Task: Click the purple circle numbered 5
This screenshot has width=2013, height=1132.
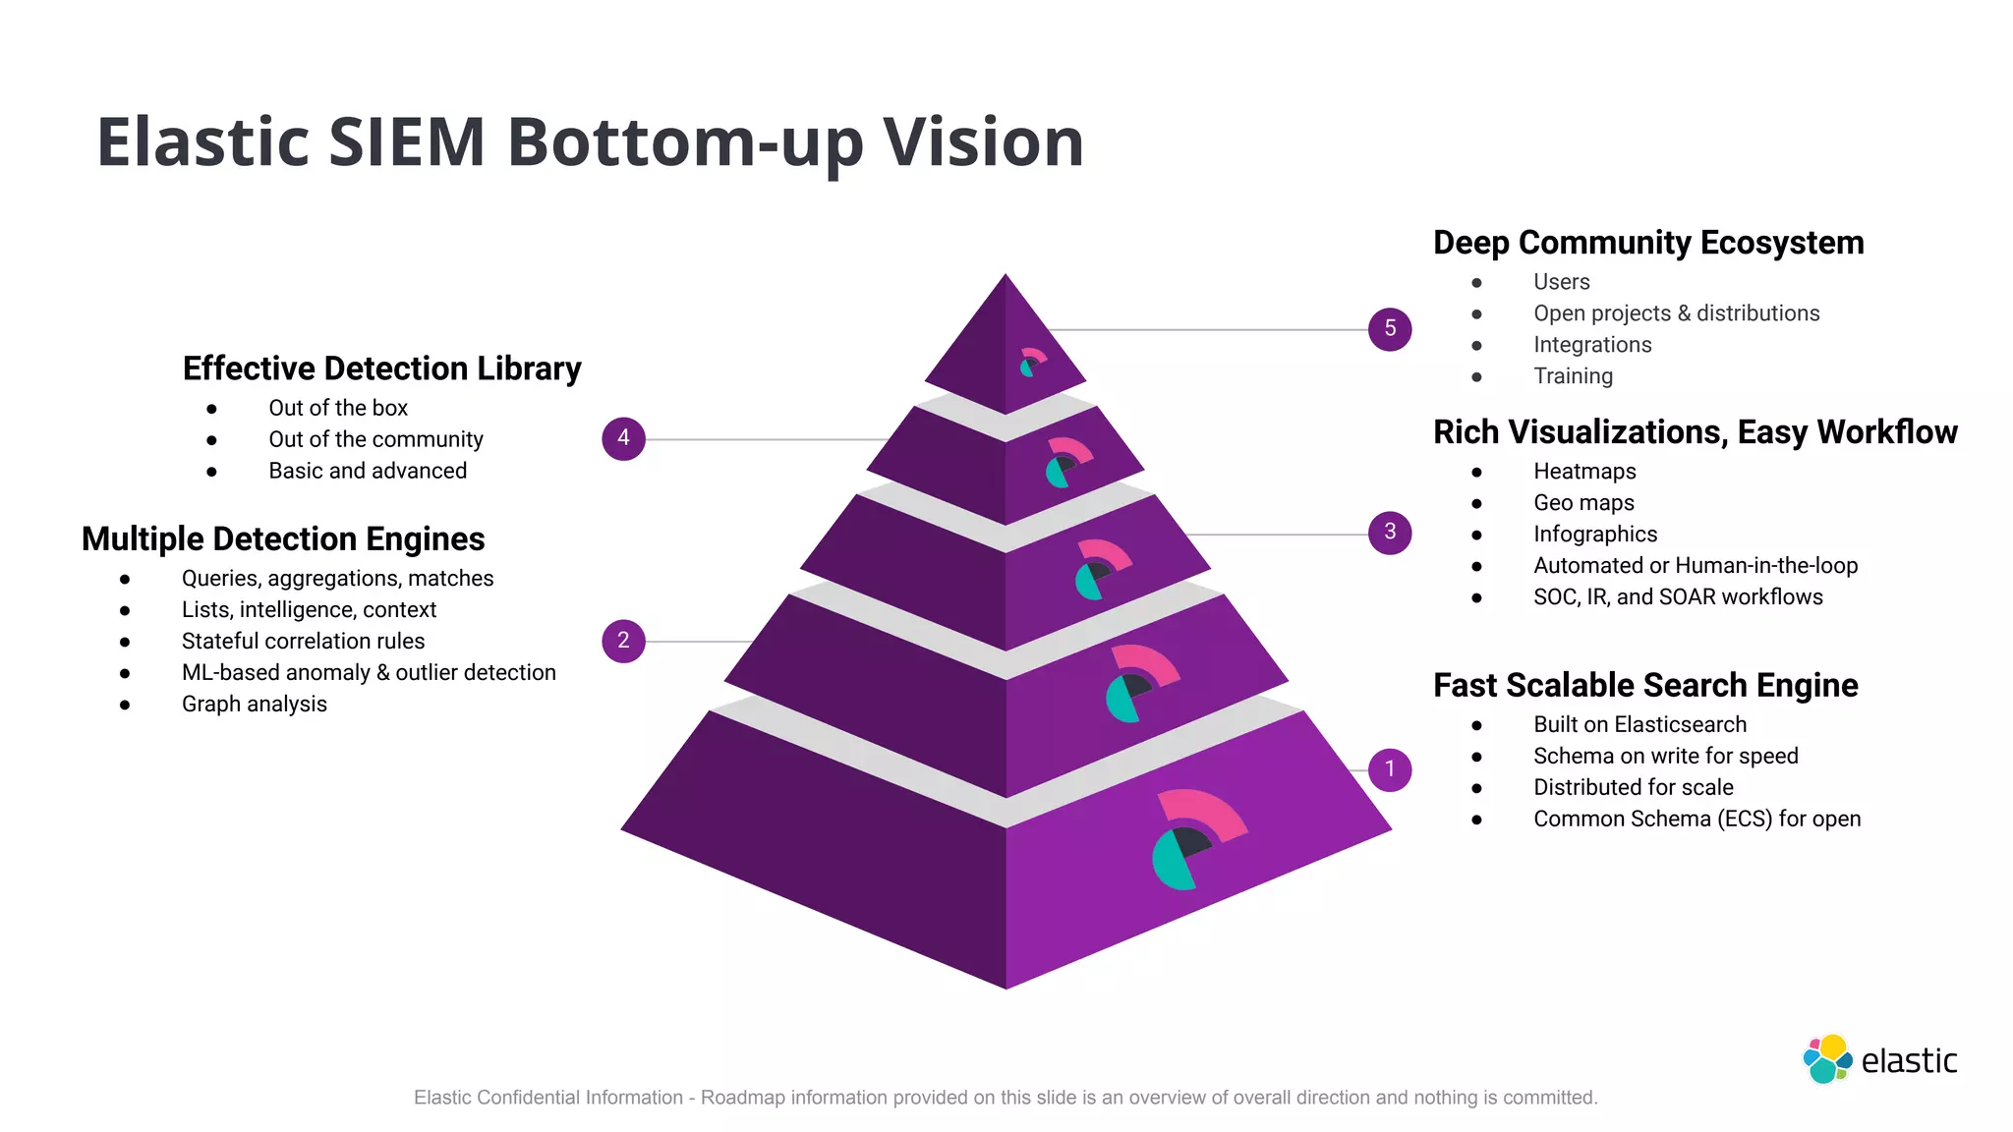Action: click(1389, 328)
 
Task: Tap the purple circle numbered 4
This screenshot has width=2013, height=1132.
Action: click(623, 438)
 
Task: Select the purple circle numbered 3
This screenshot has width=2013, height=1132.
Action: click(1389, 532)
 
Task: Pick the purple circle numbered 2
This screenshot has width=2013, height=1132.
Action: click(623, 641)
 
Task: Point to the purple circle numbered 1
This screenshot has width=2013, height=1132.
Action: click(1389, 769)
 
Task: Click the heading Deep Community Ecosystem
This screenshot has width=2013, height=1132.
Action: click(1647, 243)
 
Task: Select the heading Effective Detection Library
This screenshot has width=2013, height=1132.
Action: click(381, 368)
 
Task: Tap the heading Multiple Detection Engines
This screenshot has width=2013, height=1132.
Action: click(283, 538)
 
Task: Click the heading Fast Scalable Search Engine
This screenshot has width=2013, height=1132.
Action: click(1644, 685)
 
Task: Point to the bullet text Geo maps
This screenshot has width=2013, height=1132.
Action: click(1583, 503)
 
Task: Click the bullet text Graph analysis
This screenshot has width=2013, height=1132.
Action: click(254, 704)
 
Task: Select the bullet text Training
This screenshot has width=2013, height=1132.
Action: click(1573, 376)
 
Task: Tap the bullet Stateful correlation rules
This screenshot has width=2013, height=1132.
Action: click(303, 641)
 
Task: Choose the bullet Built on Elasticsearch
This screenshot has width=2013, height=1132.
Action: click(1639, 724)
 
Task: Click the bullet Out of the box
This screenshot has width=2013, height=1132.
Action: click(337, 408)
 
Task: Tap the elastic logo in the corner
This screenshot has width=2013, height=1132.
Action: click(1878, 1059)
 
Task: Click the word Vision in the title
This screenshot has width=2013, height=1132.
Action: click(983, 142)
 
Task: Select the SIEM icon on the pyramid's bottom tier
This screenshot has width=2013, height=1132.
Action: click(1198, 838)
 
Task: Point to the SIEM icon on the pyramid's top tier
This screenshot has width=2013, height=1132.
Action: click(1031, 363)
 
